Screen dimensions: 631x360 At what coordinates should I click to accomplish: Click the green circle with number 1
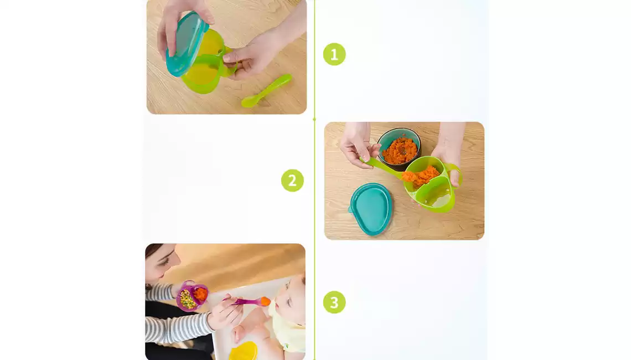[x=334, y=54]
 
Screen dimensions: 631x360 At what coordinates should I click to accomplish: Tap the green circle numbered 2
[x=293, y=181]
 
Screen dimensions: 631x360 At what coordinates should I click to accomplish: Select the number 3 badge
[x=334, y=302]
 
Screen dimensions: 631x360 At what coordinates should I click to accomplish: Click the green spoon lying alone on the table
[x=266, y=91]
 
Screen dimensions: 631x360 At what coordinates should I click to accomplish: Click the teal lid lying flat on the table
[x=371, y=209]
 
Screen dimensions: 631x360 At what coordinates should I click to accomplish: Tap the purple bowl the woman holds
[x=193, y=296]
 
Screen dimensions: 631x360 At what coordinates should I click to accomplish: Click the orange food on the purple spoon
[x=265, y=301]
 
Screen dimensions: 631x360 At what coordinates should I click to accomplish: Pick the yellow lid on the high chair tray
[x=244, y=351]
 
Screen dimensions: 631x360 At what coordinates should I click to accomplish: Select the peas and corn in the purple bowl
[x=187, y=300]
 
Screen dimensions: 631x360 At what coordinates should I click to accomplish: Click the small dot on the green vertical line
[x=314, y=119]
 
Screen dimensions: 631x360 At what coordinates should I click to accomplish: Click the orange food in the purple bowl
[x=200, y=294]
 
